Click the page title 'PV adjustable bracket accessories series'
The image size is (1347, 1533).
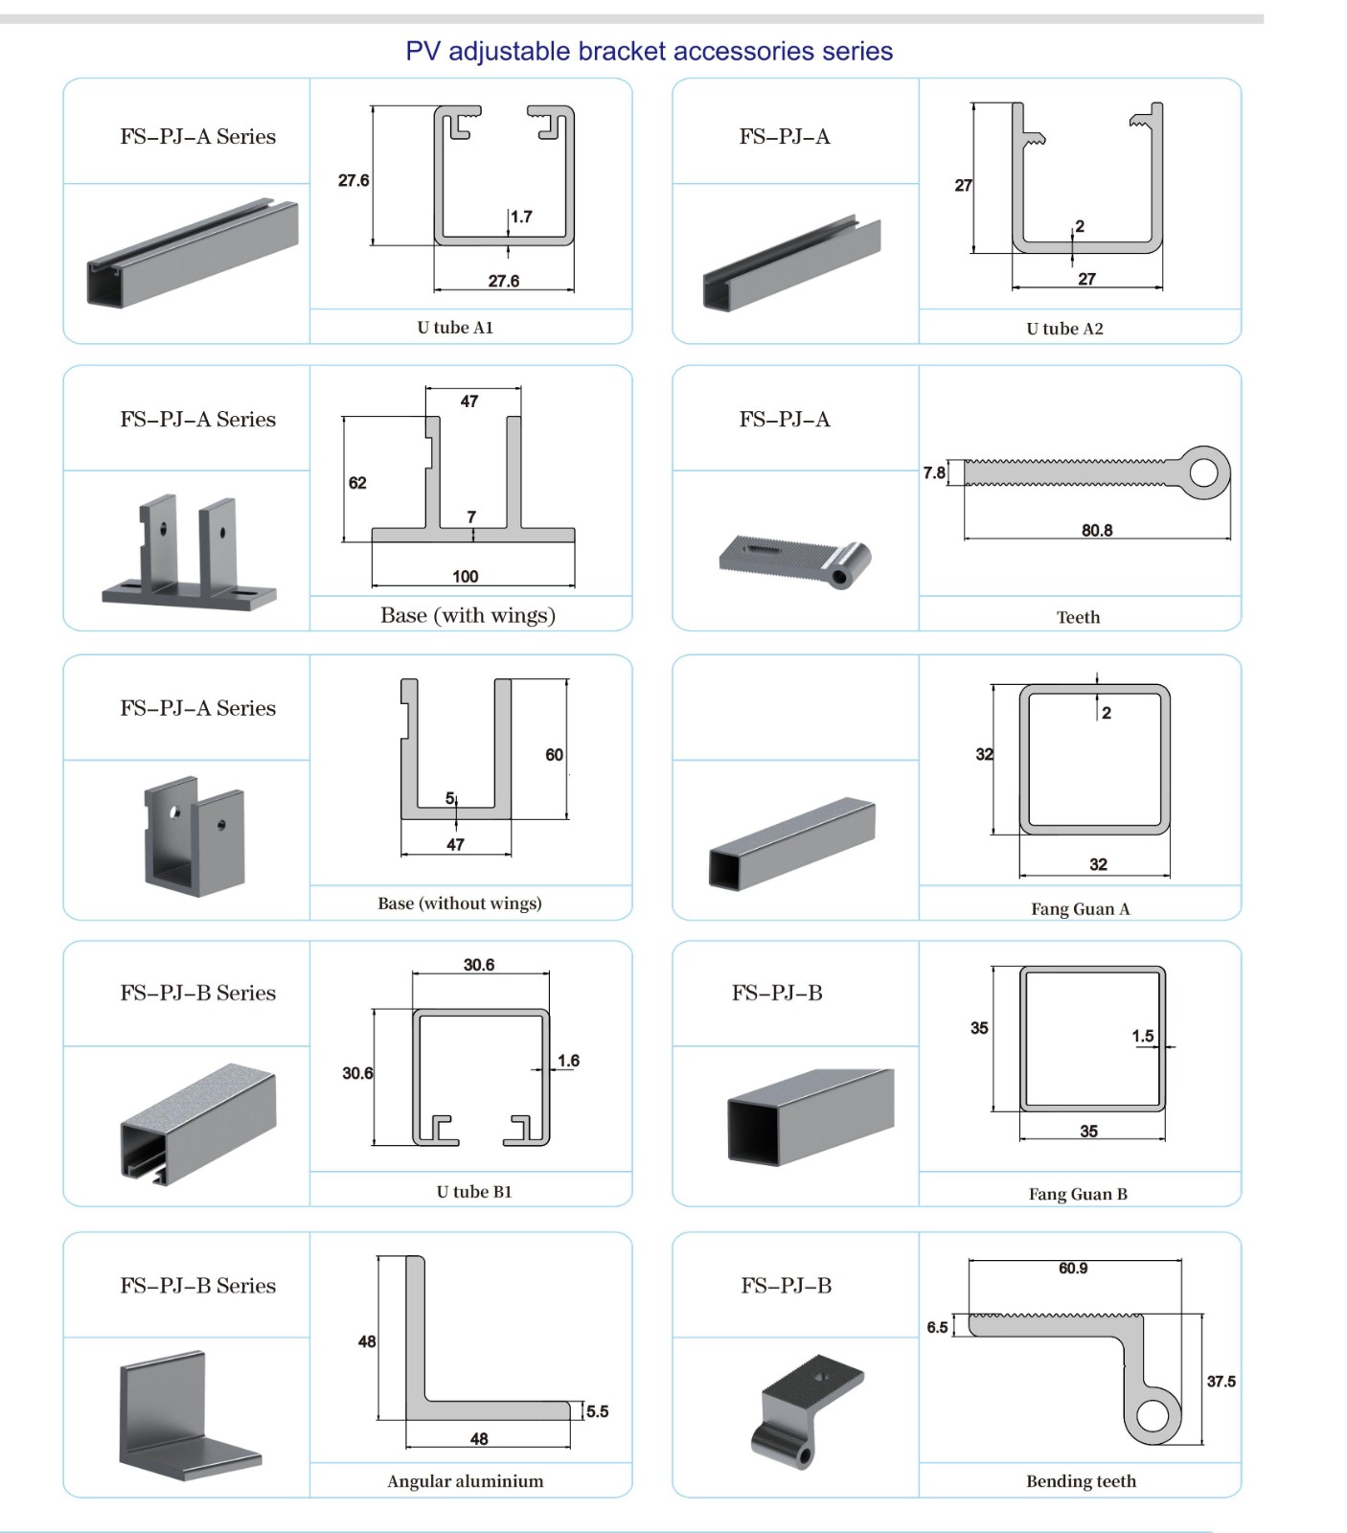pyautogui.click(x=649, y=51)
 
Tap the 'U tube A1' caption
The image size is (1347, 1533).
pyautogui.click(x=455, y=328)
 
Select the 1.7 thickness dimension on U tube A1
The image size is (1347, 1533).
pyautogui.click(x=521, y=217)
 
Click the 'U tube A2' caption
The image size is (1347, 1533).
pyautogui.click(x=1064, y=329)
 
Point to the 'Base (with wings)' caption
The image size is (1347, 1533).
pyautogui.click(x=468, y=615)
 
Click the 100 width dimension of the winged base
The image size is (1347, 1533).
pyautogui.click(x=466, y=576)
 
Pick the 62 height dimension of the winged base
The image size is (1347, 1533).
pyautogui.click(x=357, y=483)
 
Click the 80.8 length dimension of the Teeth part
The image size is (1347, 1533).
pyautogui.click(x=1097, y=530)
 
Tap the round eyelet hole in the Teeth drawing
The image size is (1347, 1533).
pyautogui.click(x=1204, y=472)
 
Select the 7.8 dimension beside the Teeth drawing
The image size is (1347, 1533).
pyautogui.click(x=934, y=472)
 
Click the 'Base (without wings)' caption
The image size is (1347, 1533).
pyautogui.click(x=460, y=904)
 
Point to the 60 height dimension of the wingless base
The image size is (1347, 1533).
pyautogui.click(x=555, y=755)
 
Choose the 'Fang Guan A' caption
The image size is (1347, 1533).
pyautogui.click(x=1081, y=909)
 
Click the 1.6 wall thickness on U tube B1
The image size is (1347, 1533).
pyautogui.click(x=568, y=1061)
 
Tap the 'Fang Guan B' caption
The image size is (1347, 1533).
pyautogui.click(x=1079, y=1194)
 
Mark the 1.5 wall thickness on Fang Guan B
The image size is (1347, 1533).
pyautogui.click(x=1143, y=1036)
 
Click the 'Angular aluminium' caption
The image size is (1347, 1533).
pyautogui.click(x=466, y=1481)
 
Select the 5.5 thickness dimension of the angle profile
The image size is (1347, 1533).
pyautogui.click(x=598, y=1411)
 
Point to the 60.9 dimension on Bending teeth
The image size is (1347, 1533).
pyautogui.click(x=1073, y=1269)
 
